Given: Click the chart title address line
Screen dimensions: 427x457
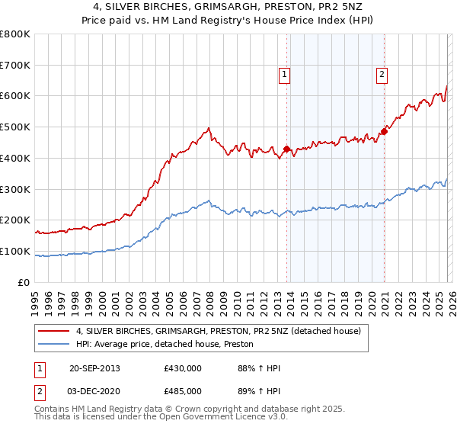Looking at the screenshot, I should point(228,7).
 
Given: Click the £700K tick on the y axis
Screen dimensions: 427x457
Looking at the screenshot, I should point(15,66).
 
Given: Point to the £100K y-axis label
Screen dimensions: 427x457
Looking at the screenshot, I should point(15,251).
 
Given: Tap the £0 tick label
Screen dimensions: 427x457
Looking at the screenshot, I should point(24,282).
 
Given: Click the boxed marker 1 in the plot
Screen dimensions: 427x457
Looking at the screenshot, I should point(283,75).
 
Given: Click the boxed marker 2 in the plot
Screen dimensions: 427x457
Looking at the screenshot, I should point(380,75).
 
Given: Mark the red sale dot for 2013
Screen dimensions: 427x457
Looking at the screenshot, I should point(286,149).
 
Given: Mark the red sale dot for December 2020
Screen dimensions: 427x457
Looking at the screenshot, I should point(384,132).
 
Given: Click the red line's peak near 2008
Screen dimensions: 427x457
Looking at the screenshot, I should point(208,128).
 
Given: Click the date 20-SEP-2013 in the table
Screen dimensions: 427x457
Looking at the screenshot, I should point(95,368).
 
